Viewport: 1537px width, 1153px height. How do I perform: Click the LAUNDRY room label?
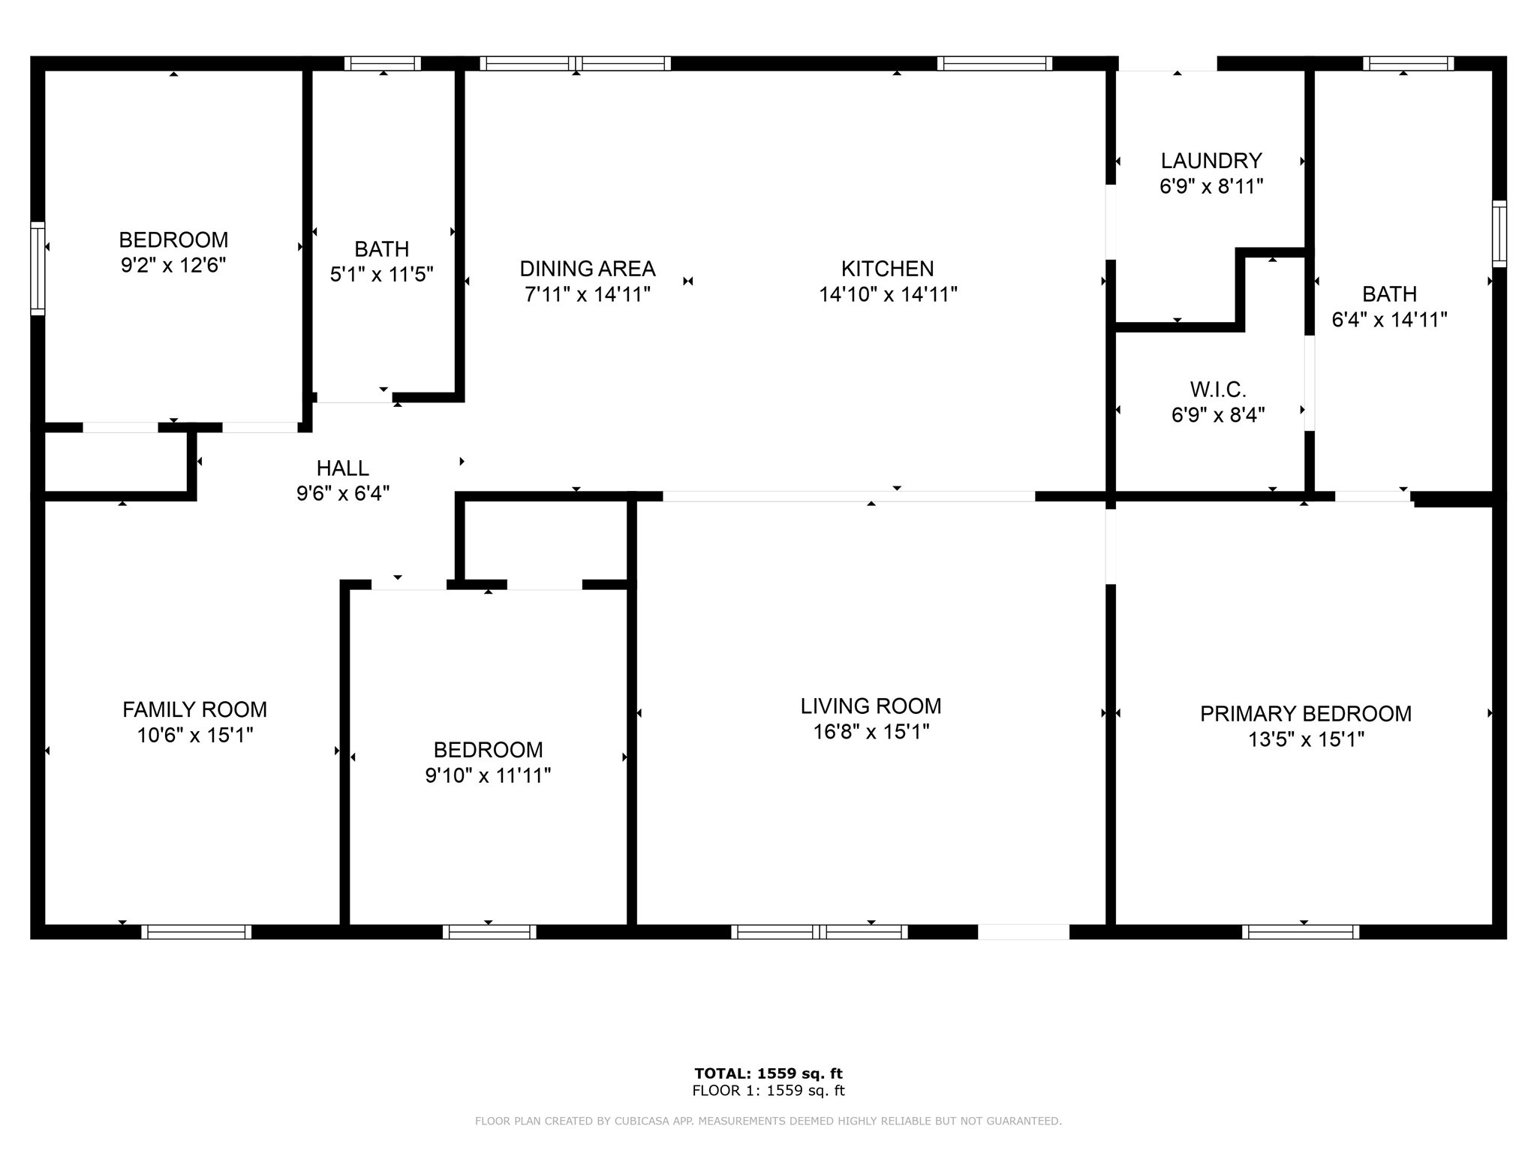click(1211, 161)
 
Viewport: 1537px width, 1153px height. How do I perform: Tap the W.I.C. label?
click(1217, 390)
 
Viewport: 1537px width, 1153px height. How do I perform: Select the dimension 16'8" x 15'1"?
click(871, 731)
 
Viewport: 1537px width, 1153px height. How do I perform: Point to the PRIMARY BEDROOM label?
click(1305, 714)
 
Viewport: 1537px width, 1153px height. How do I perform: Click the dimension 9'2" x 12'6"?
click(173, 265)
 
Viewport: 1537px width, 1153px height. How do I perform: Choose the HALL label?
click(342, 468)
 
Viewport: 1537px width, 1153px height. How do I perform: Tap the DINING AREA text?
click(587, 269)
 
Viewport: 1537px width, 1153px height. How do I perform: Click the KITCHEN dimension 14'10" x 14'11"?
click(887, 294)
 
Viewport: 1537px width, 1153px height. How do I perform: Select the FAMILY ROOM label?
click(194, 709)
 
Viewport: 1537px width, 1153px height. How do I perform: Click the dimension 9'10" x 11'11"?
click(488, 775)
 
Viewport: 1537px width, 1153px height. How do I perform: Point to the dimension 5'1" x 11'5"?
click(381, 274)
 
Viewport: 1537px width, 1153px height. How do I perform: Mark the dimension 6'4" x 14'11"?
click(1388, 320)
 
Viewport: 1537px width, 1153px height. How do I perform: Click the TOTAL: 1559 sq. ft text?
click(768, 1073)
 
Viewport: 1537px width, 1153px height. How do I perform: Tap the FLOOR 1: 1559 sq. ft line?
click(768, 1091)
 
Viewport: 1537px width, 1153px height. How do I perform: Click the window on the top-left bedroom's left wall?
click(38, 268)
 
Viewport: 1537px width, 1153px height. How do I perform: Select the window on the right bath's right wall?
click(1499, 233)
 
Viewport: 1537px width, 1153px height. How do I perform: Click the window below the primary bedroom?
click(1300, 932)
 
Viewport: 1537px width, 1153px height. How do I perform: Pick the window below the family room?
click(197, 932)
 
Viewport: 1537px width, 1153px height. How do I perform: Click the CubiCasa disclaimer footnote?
click(768, 1121)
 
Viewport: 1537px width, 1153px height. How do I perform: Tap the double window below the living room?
click(819, 932)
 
